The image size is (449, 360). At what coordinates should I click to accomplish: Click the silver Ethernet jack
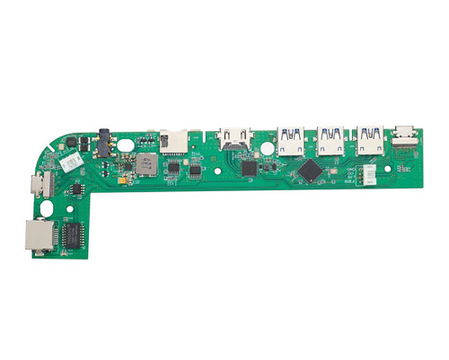click(36, 235)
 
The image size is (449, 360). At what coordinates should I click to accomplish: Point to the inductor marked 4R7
click(145, 164)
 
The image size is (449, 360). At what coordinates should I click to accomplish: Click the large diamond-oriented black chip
click(312, 169)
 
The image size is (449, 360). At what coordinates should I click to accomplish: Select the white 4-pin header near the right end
click(368, 177)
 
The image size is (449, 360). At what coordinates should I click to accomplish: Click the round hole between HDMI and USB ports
click(266, 147)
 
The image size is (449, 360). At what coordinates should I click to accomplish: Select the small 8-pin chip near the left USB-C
click(78, 188)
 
